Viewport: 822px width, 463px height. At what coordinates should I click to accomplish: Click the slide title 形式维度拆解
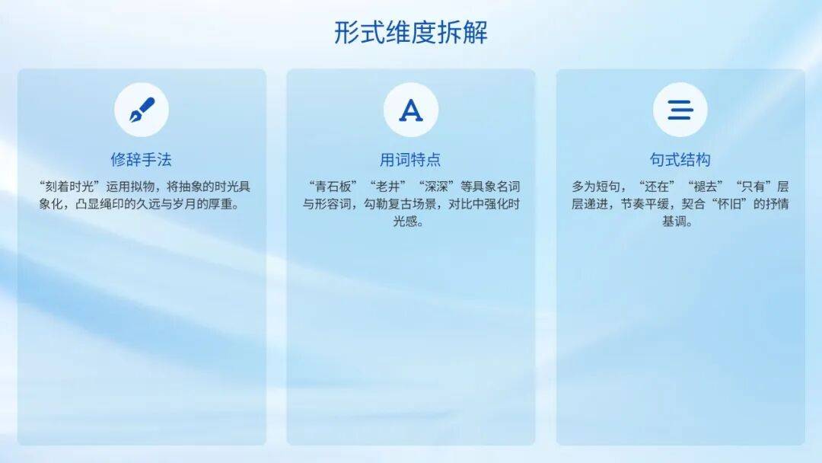(x=411, y=33)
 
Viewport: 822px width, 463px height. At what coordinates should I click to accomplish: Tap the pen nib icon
(x=142, y=110)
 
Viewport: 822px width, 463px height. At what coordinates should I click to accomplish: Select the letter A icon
(x=411, y=110)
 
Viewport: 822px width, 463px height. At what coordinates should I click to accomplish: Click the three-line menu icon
(x=680, y=110)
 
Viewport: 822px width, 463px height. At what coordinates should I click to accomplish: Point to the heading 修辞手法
(x=142, y=159)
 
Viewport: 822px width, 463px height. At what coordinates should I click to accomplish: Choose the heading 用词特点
(x=410, y=159)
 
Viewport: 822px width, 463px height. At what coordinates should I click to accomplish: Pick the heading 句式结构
(x=680, y=159)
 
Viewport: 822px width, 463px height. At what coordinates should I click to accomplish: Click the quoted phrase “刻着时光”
(x=69, y=187)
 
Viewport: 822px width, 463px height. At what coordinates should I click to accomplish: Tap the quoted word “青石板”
(x=333, y=187)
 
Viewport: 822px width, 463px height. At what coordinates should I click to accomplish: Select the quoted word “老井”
(x=388, y=187)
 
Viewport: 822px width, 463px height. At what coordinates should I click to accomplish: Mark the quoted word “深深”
(x=437, y=187)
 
